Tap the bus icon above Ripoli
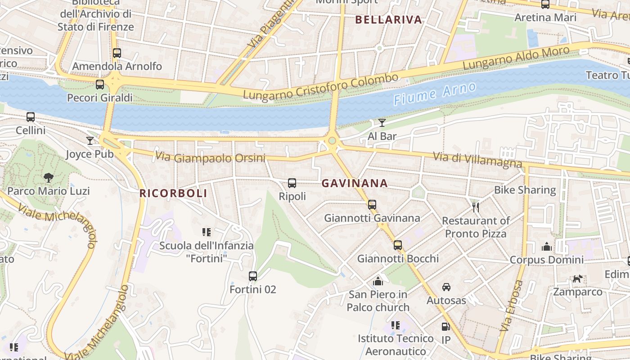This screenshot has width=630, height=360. (x=292, y=183)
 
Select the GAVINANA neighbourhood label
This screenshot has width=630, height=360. (x=355, y=183)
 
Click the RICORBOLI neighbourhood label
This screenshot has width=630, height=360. (x=173, y=193)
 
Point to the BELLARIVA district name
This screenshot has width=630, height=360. (x=389, y=20)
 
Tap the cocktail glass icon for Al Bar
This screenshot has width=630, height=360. (x=382, y=123)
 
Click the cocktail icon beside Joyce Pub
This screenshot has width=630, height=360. (x=90, y=141)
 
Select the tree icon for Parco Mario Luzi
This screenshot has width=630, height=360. (x=49, y=178)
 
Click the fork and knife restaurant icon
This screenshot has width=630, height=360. (x=476, y=207)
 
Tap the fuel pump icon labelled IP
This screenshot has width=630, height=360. (x=445, y=327)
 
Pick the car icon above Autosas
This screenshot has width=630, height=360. (x=446, y=287)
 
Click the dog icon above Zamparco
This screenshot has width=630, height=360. (x=577, y=279)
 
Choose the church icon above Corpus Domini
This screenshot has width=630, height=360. (x=547, y=247)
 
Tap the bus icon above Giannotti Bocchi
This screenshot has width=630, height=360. (x=398, y=245)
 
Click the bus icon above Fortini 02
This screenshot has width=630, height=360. (x=253, y=276)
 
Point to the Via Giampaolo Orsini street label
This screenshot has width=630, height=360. (x=210, y=158)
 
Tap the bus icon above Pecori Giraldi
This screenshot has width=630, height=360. (x=100, y=84)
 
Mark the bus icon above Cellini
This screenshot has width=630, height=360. (x=31, y=117)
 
